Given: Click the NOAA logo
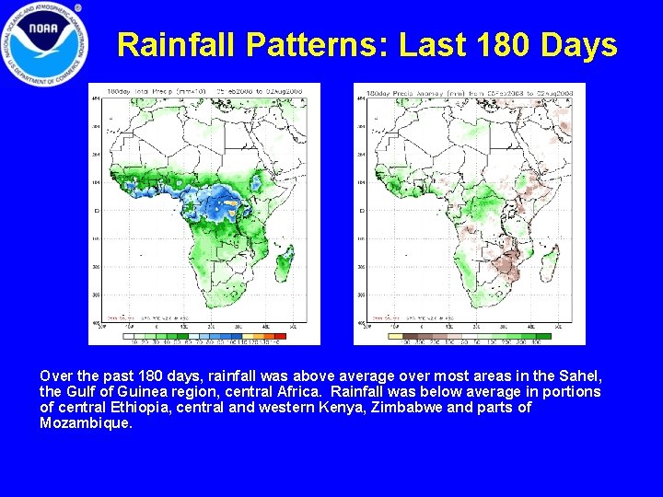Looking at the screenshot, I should [45, 45].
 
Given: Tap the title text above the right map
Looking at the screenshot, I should [470, 91].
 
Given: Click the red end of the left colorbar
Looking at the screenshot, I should [282, 336].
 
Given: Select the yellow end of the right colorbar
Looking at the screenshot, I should [395, 336].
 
